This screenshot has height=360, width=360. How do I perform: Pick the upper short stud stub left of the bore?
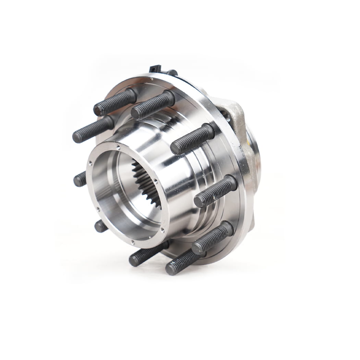tap(80, 179)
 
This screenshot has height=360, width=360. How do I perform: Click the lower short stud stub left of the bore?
tap(101, 226)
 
